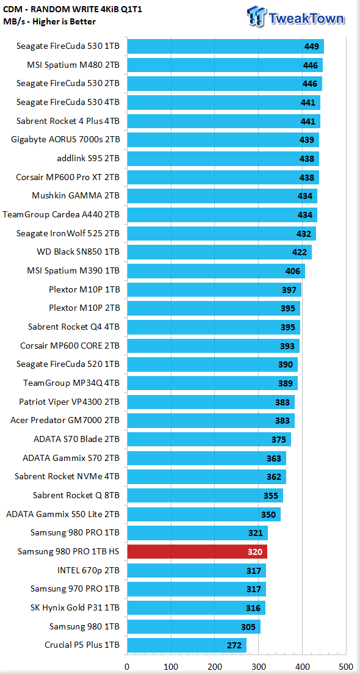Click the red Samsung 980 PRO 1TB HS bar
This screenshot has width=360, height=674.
pos(196,551)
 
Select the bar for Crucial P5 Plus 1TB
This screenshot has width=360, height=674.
pos(187,645)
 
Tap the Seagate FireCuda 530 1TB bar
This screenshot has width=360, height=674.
pos(225,46)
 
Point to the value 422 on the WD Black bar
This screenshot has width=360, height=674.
pos(300,252)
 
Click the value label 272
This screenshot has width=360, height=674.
pos(234,645)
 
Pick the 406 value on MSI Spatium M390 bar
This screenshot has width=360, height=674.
pos(292,271)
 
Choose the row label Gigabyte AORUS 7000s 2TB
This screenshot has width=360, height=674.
pos(68,140)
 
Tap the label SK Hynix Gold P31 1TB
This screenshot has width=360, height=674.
pos(75,608)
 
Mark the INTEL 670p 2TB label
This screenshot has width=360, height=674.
pos(88,570)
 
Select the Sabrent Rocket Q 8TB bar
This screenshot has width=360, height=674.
pos(205,495)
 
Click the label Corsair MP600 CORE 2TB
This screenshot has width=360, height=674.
pos(70,346)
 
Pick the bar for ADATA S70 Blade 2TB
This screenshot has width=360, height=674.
pos(209,439)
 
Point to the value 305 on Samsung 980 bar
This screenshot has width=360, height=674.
pos(248,627)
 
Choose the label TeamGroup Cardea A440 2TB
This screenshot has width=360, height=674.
pos(61,215)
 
